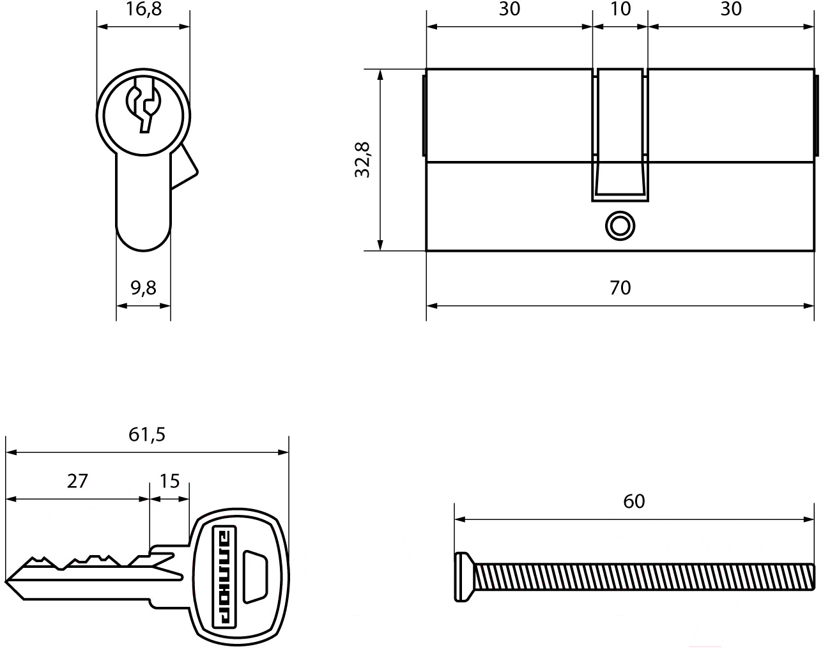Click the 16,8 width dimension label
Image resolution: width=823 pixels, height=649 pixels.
click(x=144, y=9)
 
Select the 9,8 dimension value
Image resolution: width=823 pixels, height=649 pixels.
click(x=143, y=288)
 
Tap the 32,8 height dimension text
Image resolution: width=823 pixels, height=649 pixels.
click(x=362, y=160)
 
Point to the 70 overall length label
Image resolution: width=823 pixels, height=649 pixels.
click(x=620, y=287)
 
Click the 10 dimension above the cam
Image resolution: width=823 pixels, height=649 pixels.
click(x=620, y=9)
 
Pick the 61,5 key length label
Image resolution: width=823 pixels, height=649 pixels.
click(x=147, y=435)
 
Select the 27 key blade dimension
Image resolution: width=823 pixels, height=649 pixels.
click(x=77, y=481)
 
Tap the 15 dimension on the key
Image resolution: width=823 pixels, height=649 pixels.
click(x=169, y=481)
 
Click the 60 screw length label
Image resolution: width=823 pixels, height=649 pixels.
click(x=634, y=501)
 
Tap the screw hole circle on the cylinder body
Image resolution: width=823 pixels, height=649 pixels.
click(x=620, y=225)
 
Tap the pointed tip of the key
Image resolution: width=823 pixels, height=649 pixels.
click(x=6, y=581)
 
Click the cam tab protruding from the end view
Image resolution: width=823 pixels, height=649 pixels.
click(x=184, y=167)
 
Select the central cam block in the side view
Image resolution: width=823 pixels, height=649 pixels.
click(x=620, y=135)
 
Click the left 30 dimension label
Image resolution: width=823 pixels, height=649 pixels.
click(x=509, y=9)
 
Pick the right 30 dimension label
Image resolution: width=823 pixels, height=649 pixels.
click(x=731, y=9)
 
